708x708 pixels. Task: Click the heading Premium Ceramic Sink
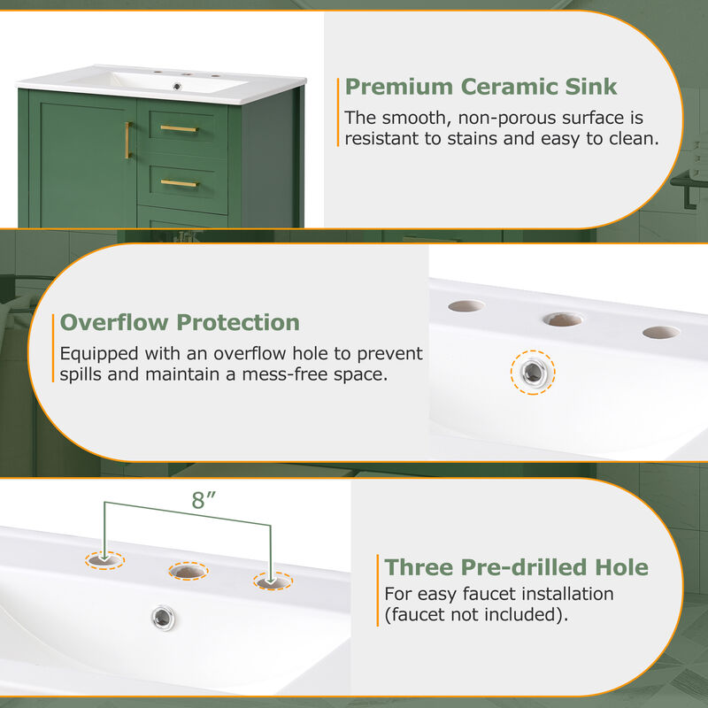(x=481, y=87)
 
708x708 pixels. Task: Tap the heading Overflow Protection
(x=180, y=322)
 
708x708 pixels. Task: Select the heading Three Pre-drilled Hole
(x=516, y=567)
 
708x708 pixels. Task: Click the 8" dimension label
(x=204, y=500)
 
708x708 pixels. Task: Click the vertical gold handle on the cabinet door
(x=127, y=140)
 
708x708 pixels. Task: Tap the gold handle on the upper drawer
(x=179, y=128)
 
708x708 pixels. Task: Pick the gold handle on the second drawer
(x=179, y=183)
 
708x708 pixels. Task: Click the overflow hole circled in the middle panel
(x=534, y=373)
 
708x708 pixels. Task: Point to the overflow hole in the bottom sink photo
(x=163, y=618)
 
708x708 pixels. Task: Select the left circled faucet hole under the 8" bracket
(x=104, y=561)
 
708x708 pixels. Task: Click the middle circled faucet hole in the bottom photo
(x=189, y=571)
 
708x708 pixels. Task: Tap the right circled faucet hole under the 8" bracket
(x=273, y=581)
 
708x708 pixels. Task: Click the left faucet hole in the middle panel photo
(x=466, y=306)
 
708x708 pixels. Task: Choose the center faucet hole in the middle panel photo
(x=563, y=319)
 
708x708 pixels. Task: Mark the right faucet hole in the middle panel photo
(x=661, y=333)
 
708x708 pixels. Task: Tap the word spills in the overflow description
(x=81, y=374)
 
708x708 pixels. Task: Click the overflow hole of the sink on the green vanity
(x=178, y=86)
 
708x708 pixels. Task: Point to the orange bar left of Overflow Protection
(x=53, y=348)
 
